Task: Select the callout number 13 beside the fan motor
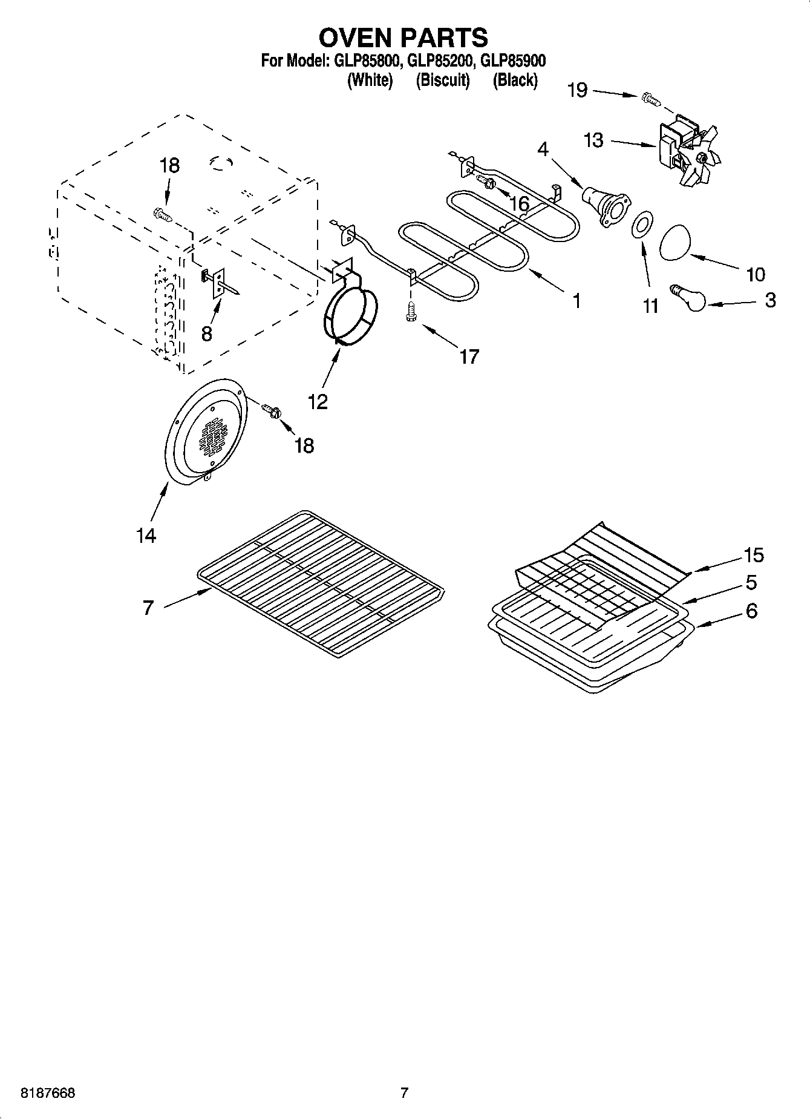click(593, 140)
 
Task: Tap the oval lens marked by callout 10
click(673, 242)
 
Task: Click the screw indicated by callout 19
click(650, 97)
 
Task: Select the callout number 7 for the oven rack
click(149, 607)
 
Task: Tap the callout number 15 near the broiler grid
click(754, 554)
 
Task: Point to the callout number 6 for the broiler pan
click(751, 611)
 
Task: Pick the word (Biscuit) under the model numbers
click(442, 80)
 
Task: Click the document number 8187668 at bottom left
click(48, 1093)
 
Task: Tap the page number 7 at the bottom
click(404, 1092)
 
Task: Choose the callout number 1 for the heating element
click(576, 300)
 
